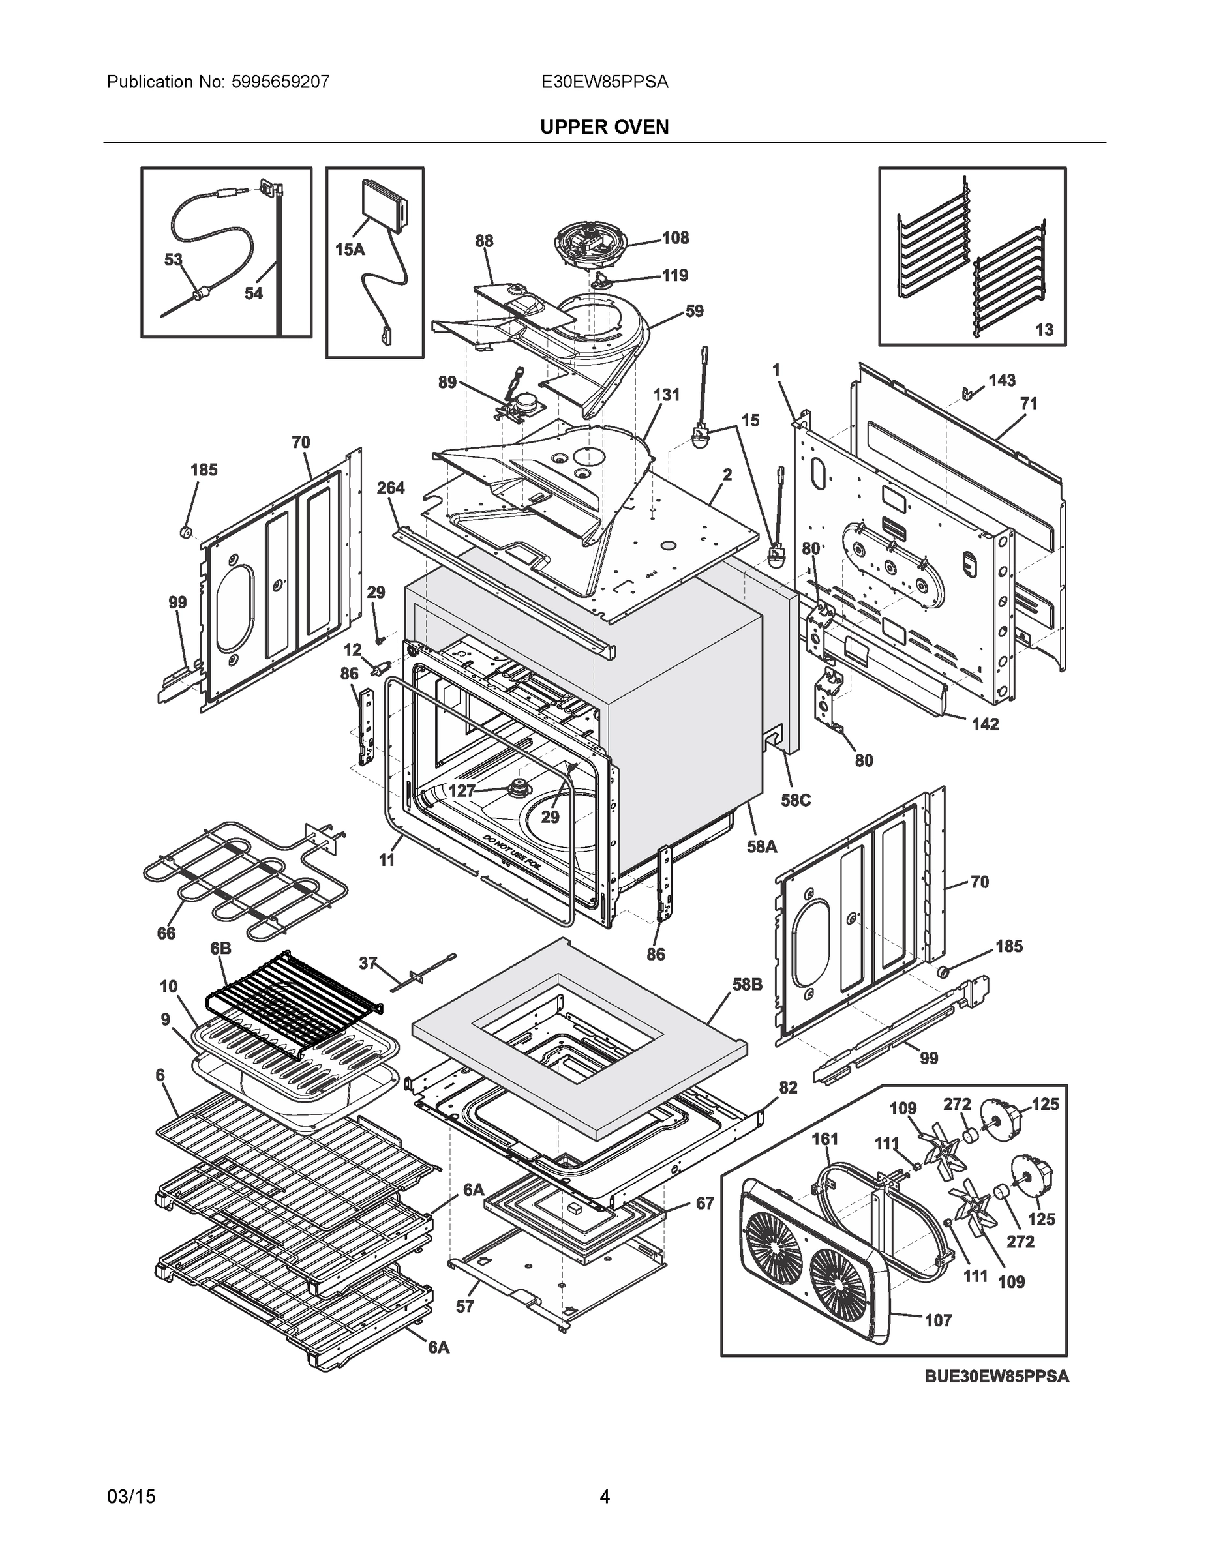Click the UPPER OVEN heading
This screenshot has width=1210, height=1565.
[x=604, y=127]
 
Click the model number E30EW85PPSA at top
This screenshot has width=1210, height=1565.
[x=604, y=82]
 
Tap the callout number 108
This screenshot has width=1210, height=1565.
[x=675, y=238]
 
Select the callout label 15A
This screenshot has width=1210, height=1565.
[x=350, y=249]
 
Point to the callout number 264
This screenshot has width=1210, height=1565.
[x=391, y=488]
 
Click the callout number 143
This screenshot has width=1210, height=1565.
[x=1001, y=381]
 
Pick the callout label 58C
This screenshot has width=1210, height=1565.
[x=796, y=799]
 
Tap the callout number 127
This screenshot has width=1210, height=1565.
[x=462, y=790]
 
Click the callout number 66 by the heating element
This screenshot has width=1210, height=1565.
[x=166, y=933]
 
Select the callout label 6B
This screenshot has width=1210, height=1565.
[x=220, y=948]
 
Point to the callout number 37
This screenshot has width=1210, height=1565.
[x=368, y=963]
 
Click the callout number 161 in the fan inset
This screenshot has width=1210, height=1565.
[x=824, y=1139]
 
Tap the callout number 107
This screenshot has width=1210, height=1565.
[x=939, y=1319]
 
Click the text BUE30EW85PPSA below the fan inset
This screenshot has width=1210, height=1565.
[x=997, y=1376]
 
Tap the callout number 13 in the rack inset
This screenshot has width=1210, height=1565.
[x=1044, y=329]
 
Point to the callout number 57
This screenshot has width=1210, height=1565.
[x=465, y=1306]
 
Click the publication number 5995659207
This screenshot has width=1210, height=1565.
[x=280, y=82]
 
